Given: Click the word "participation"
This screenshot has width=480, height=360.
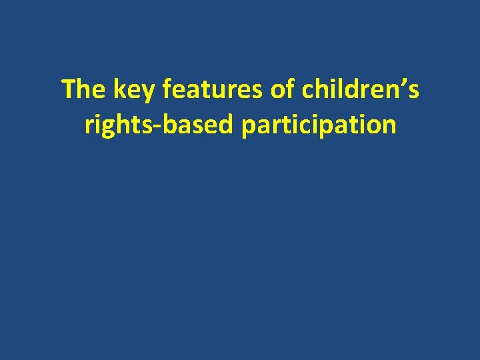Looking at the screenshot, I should (x=319, y=125).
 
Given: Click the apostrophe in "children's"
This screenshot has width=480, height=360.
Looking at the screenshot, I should (x=403, y=83).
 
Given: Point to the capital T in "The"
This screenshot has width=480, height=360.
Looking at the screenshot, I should (x=68, y=89).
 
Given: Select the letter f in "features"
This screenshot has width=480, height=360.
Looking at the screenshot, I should (x=166, y=89).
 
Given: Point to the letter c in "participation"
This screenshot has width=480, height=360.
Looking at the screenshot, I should (x=318, y=126).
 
